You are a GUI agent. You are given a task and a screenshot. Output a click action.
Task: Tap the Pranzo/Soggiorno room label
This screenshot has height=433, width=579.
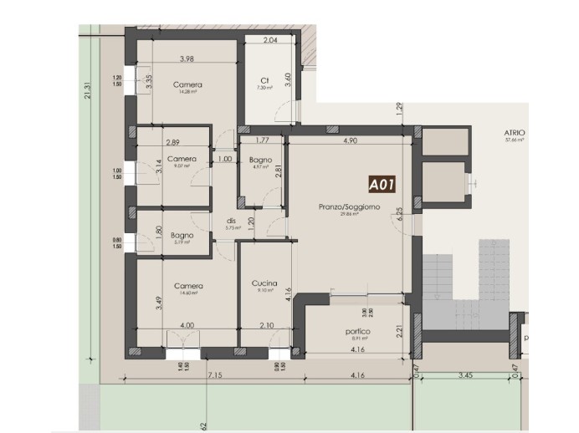(349, 206)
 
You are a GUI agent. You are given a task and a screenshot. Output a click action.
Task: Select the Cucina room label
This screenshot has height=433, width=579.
(264, 283)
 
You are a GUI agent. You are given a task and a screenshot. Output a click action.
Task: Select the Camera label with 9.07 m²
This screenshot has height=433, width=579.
(182, 159)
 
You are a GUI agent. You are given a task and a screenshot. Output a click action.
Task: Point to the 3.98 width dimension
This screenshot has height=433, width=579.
(187, 59)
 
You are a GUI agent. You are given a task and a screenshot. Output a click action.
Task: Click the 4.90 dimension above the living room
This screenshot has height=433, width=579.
(350, 141)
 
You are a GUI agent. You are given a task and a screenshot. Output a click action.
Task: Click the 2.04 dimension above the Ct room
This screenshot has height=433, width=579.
(270, 40)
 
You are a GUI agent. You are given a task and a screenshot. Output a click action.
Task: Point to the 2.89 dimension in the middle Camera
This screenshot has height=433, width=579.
(173, 143)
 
